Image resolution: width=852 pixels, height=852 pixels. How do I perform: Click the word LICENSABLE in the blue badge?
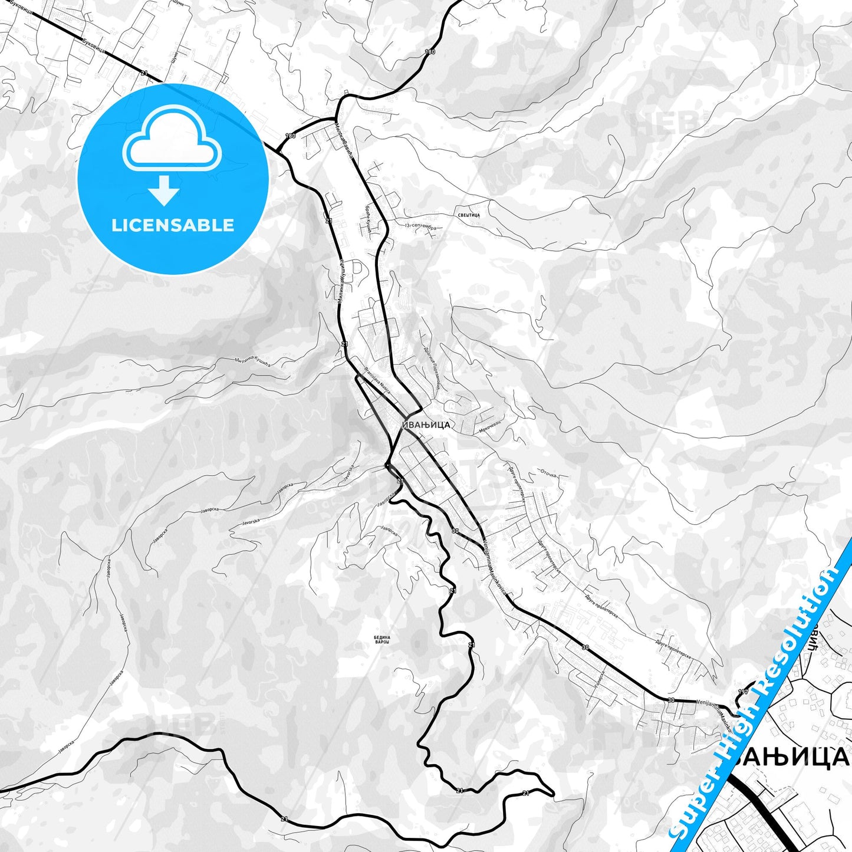click(x=173, y=225)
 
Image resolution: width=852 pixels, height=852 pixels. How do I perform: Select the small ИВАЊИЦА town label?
click(x=426, y=425)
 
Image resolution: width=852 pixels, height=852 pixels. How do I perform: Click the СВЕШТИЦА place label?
click(x=469, y=215)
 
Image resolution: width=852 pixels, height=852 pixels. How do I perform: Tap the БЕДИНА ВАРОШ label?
click(x=381, y=639)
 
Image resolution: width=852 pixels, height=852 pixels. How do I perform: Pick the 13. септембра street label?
click(x=420, y=227)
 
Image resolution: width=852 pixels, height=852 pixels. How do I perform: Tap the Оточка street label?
click(x=548, y=473)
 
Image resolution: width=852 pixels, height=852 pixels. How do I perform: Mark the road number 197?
click(x=743, y=690)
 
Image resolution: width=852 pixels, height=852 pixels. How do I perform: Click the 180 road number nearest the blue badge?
click(x=290, y=136)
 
